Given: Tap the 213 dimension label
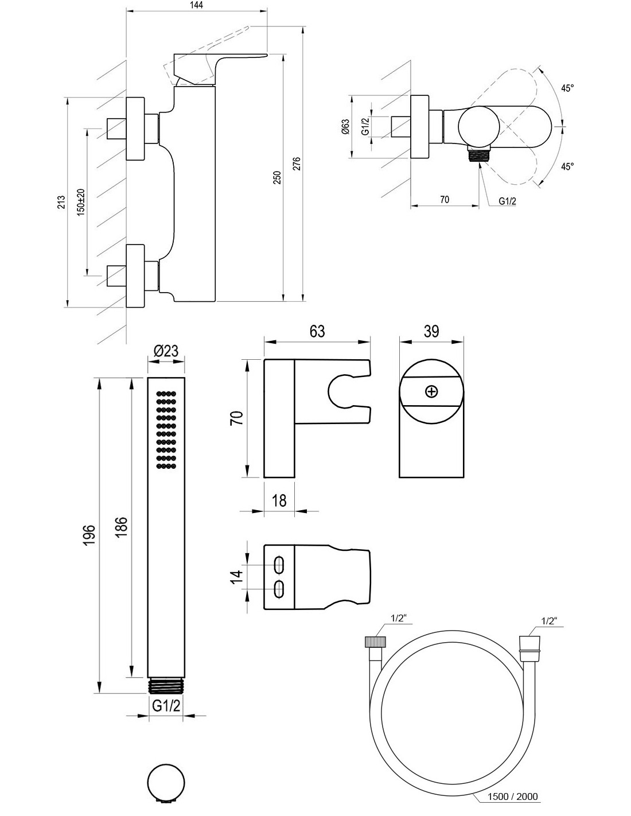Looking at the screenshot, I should tap(62, 202).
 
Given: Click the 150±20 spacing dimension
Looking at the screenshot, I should tap(81, 201).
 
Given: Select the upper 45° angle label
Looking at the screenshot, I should tap(567, 88).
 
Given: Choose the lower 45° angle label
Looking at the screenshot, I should tap(567, 166).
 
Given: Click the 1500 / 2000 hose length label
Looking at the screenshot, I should tap(513, 796).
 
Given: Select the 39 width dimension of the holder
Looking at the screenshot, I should tap(431, 331).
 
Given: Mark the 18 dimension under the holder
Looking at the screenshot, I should tap(279, 500).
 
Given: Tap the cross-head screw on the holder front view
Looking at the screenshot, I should tap(431, 392).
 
